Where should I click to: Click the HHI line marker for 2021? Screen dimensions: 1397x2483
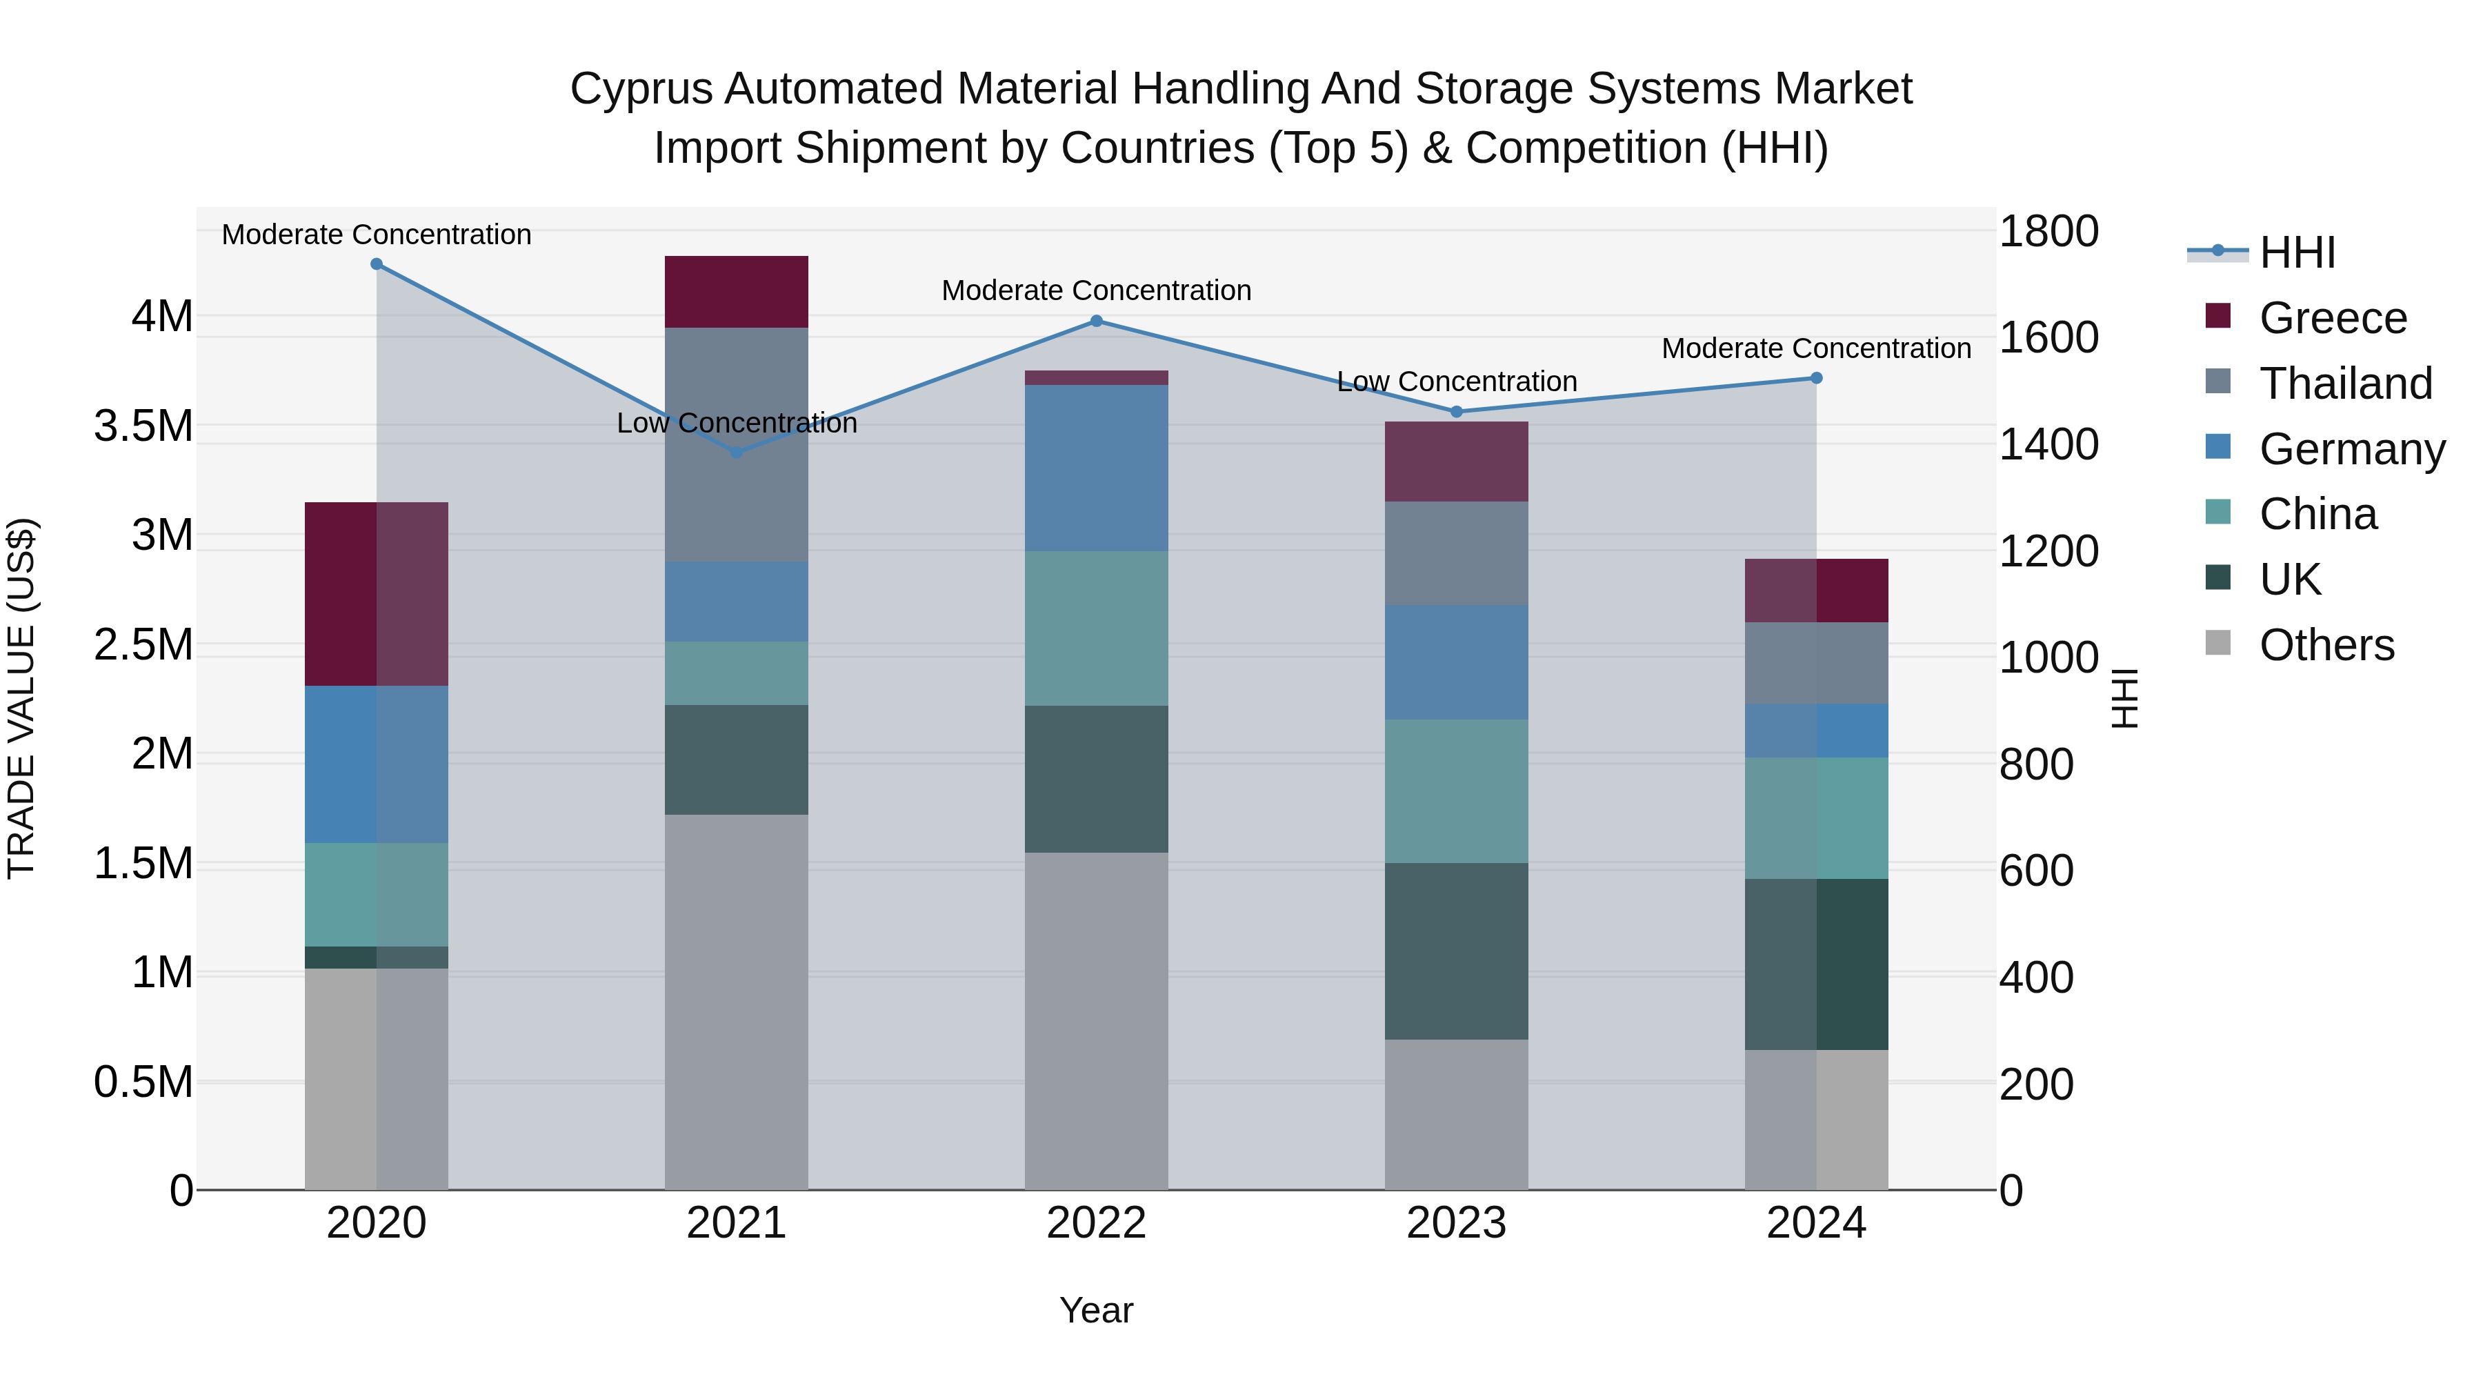coord(737,451)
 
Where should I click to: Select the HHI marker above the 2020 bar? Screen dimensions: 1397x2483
coord(377,264)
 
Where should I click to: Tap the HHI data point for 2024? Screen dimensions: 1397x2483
coord(1816,378)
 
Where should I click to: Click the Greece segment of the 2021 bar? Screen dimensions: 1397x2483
coord(737,292)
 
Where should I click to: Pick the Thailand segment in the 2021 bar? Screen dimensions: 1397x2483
coord(737,444)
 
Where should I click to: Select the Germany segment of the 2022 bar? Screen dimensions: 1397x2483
coord(1096,468)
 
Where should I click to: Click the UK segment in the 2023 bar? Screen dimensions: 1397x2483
coord(1455,951)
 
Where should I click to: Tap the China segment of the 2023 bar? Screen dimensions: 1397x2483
coord(1455,791)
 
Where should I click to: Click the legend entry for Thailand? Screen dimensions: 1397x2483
coord(2344,384)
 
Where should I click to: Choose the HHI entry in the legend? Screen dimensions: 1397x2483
coord(2296,252)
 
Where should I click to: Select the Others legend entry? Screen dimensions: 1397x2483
coord(2325,645)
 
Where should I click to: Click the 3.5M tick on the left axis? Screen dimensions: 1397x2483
coord(143,425)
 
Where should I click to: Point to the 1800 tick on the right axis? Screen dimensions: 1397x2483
coord(2048,231)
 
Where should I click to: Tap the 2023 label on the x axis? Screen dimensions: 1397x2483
coord(1455,1223)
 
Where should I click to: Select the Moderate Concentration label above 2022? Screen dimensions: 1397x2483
coord(1096,290)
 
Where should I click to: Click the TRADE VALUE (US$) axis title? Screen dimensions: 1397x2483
coord(21,698)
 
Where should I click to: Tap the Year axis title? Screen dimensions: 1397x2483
coord(1096,1310)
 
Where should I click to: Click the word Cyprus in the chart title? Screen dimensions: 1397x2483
coord(641,89)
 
